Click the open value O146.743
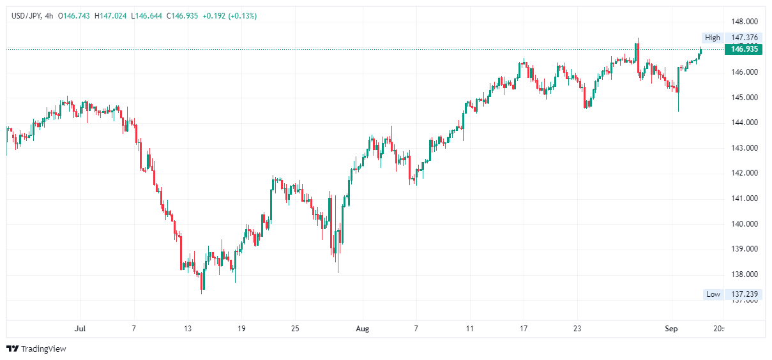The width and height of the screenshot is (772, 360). point(75,16)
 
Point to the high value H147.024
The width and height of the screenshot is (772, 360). point(110,16)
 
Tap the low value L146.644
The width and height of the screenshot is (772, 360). point(146,16)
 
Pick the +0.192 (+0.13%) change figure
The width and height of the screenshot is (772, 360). point(229,16)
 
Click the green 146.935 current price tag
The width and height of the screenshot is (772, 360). point(744,49)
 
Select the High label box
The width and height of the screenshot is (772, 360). point(713,38)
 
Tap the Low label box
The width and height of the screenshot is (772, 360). point(713,294)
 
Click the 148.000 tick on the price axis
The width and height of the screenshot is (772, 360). point(745,21)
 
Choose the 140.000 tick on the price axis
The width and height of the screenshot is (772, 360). point(745,224)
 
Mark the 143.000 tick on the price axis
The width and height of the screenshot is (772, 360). point(745,148)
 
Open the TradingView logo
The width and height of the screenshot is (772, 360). point(36,349)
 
